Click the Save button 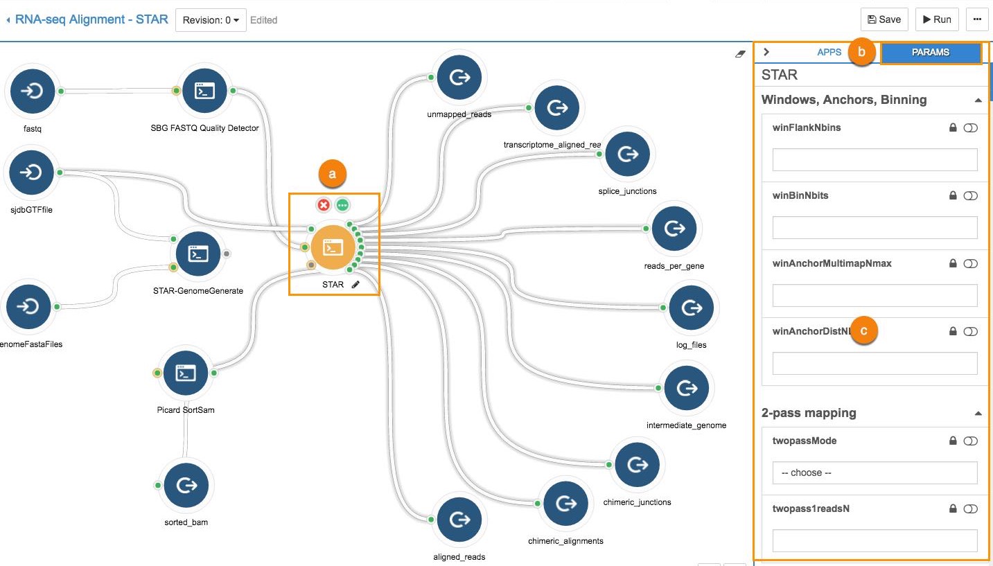[x=884, y=19]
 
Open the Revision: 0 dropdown [x=211, y=20]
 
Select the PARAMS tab [x=930, y=53]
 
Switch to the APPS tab [x=829, y=52]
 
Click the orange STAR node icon [x=333, y=247]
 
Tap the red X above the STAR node [x=323, y=205]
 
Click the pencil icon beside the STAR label [x=356, y=284]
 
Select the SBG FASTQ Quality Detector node [x=204, y=91]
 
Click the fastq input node [x=29, y=91]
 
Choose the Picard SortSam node [x=185, y=373]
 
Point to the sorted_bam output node [x=186, y=486]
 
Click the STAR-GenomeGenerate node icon [x=199, y=254]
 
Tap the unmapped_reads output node [x=459, y=78]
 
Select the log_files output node [x=691, y=308]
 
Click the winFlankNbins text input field [x=875, y=159]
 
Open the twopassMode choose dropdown [x=875, y=472]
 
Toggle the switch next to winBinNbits [x=970, y=196]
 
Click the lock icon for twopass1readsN [x=953, y=509]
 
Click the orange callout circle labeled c [x=863, y=331]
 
